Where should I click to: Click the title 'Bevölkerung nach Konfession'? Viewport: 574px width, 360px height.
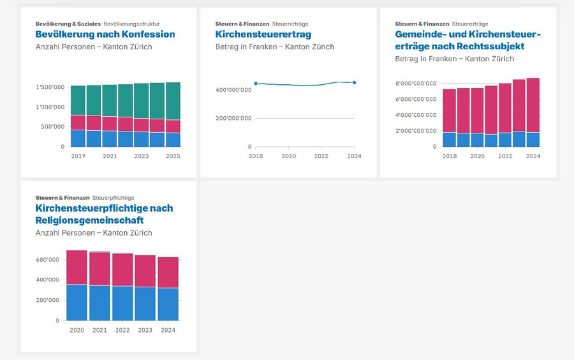105,34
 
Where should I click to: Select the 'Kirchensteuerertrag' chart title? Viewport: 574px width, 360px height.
263,34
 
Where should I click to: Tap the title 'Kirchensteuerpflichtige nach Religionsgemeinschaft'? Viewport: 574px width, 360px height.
104,214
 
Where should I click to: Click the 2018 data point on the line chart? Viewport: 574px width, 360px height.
256,84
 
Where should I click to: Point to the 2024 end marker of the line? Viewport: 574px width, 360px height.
354,82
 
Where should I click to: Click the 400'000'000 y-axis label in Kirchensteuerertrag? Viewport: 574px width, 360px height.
233,90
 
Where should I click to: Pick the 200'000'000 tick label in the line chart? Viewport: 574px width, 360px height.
233,119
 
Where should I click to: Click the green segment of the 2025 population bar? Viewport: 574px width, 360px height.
173,101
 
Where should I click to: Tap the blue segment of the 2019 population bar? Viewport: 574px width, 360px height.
78,139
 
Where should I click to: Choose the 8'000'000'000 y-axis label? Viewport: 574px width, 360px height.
416,84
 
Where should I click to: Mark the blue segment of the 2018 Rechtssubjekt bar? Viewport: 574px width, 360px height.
450,140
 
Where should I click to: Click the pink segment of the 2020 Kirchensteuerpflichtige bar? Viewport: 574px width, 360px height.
77,267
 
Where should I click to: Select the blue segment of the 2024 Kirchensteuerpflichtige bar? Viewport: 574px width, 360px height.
168,304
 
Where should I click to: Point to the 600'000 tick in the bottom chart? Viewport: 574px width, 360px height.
48,260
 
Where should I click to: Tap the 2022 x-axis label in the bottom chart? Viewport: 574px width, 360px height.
122,330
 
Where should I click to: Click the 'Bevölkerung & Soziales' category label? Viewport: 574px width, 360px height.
68,24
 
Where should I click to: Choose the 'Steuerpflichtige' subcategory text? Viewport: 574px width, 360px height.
113,198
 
